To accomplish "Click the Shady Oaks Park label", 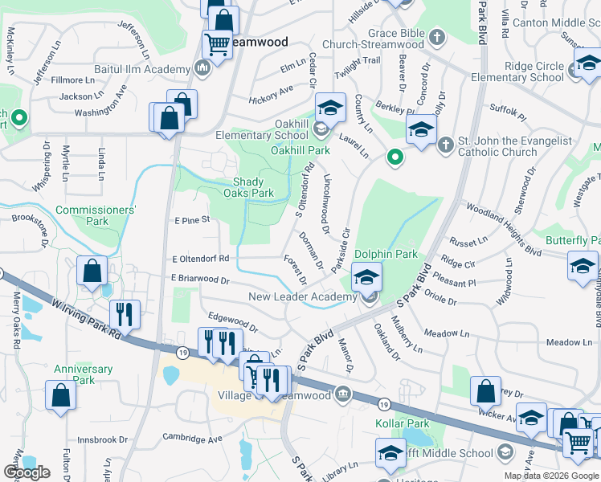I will (x=253, y=187).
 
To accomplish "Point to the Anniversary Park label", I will (x=83, y=374).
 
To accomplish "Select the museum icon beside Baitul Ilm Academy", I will (x=201, y=70).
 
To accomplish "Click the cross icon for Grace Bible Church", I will (x=436, y=37).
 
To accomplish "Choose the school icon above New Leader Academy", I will (x=366, y=278).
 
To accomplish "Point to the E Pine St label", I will (x=191, y=219).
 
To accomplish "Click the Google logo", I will (x=27, y=472).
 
